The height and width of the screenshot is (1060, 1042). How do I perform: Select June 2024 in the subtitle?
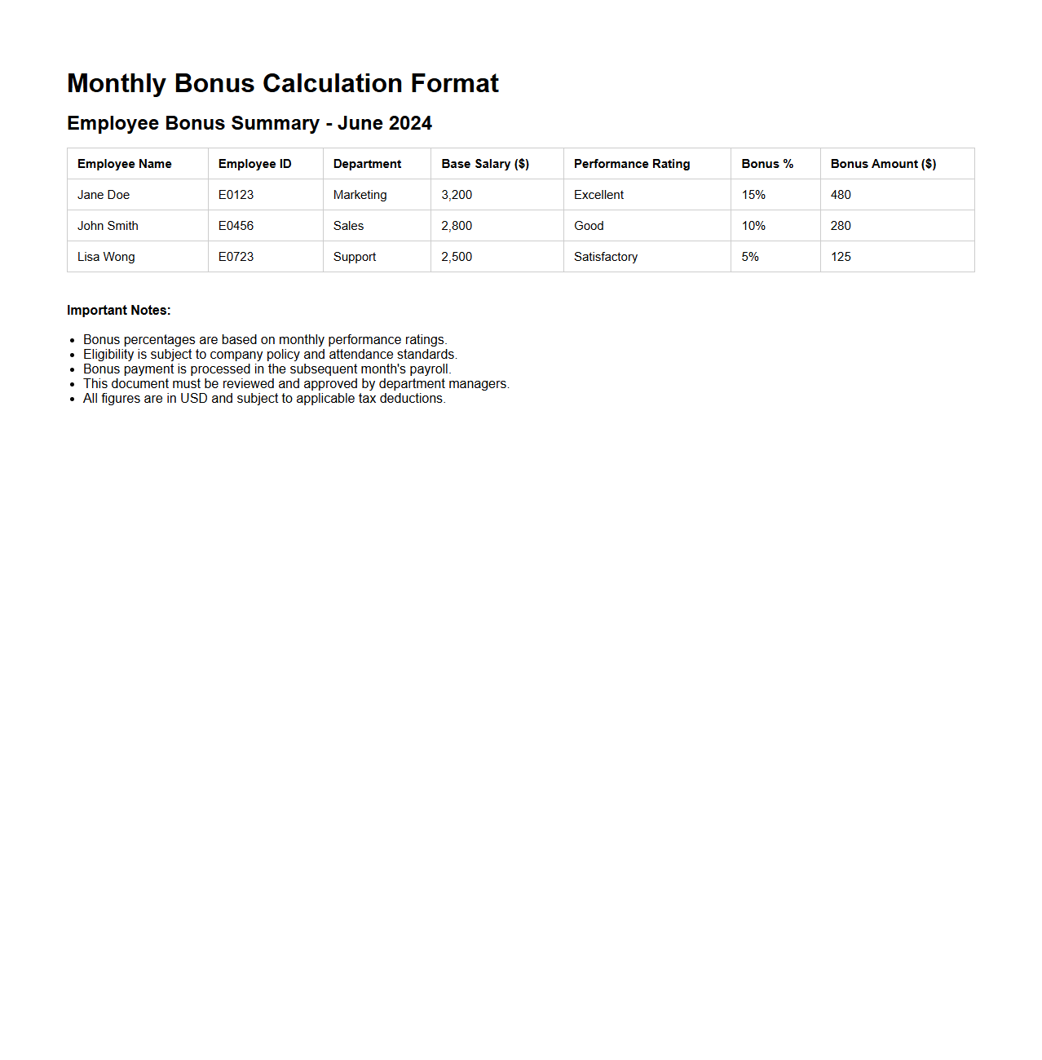384,123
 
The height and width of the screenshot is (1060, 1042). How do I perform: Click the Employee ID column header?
254,164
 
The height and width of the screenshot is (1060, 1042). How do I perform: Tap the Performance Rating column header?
632,164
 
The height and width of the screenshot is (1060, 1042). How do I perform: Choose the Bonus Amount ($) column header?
883,164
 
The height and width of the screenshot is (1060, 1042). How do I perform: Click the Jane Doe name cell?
104,195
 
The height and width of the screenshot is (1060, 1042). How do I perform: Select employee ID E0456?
236,226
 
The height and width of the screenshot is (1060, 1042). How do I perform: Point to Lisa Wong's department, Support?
355,257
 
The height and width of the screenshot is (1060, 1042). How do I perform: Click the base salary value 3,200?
457,195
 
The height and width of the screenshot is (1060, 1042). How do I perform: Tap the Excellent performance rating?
598,195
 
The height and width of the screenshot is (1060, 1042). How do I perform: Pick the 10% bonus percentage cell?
753,226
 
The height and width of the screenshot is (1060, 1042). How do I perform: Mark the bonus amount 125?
841,257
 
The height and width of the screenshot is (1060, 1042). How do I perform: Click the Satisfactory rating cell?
606,257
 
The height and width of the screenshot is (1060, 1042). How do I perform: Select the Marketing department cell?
360,195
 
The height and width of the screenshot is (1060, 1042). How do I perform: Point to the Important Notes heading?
119,311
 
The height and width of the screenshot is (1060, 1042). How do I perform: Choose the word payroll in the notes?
429,369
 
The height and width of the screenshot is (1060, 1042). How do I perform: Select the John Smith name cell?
108,226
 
